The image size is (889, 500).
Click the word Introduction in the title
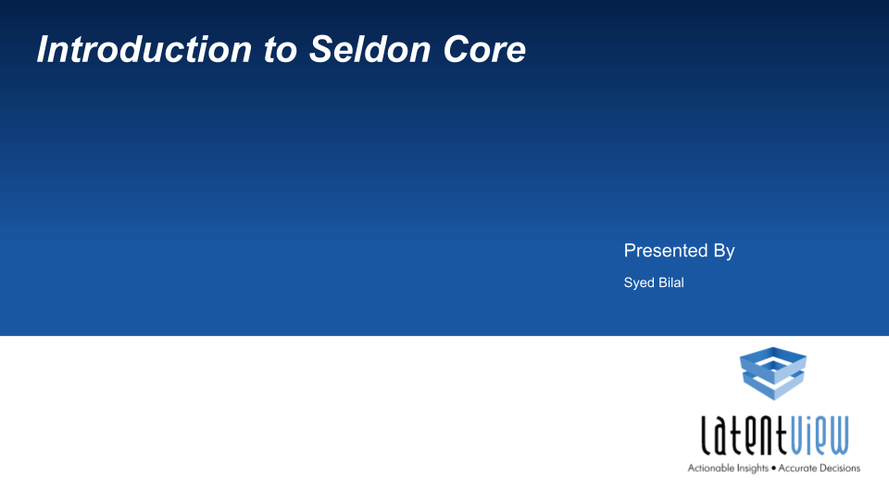pyautogui.click(x=144, y=49)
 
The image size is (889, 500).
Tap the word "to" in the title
pyautogui.click(x=280, y=50)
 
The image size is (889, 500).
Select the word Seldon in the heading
pyautogui.click(x=370, y=49)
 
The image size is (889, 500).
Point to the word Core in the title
pyautogui.click(x=484, y=49)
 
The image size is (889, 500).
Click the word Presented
pyautogui.click(x=666, y=250)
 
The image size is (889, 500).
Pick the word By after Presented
pyautogui.click(x=724, y=251)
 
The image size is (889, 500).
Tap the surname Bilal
pyautogui.click(x=671, y=282)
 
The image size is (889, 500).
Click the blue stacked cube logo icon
pyautogui.click(x=773, y=373)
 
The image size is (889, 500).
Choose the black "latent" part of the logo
pyautogui.click(x=744, y=435)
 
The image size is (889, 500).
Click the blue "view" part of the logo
pyautogui.click(x=820, y=435)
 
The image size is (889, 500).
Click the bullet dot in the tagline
pyautogui.click(x=773, y=469)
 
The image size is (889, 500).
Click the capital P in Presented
pyautogui.click(x=630, y=250)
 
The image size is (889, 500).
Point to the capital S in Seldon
pyautogui.click(x=321, y=49)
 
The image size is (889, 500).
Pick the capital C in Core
pyautogui.click(x=457, y=49)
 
